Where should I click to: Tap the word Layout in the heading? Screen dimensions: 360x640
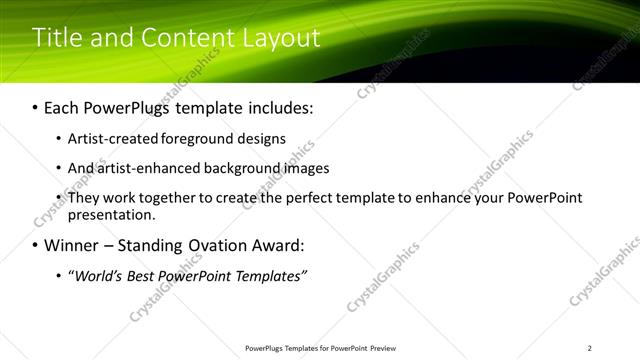(279, 38)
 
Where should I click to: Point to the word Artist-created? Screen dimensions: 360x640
(110, 139)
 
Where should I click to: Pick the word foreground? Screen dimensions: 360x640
(196, 139)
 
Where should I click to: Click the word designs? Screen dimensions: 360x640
(261, 139)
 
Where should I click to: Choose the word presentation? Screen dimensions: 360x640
(112, 215)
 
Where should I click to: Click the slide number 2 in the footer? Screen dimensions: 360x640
(590, 348)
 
